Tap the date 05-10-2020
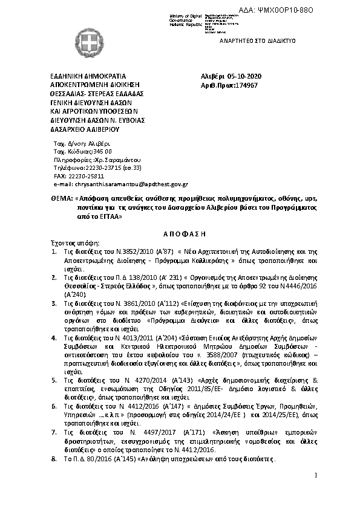(x=244, y=77)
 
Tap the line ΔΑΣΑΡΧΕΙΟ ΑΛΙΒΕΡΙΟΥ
(x=85, y=129)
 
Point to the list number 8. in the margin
(x=54, y=460)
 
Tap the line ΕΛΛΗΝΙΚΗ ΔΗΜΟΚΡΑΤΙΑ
(x=88, y=77)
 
